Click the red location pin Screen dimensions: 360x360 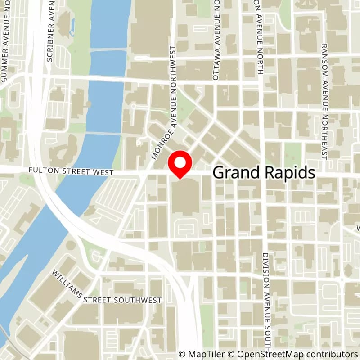(x=180, y=164)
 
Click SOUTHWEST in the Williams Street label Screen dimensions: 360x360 (x=136, y=300)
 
